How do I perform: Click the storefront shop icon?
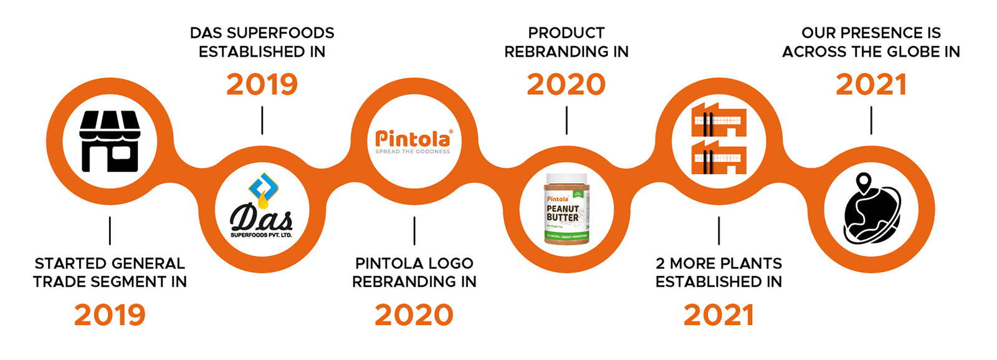pyautogui.click(x=110, y=141)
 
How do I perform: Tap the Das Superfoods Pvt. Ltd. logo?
pyautogui.click(x=262, y=209)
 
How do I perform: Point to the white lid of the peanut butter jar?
pyautogui.click(x=566, y=179)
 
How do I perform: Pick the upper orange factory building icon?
pyautogui.click(x=718, y=120)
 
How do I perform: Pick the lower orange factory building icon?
pyautogui.click(x=718, y=157)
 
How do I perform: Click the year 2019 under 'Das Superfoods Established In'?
pyautogui.click(x=262, y=85)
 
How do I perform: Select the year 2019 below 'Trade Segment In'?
pyautogui.click(x=110, y=315)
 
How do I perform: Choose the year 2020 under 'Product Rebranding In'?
pyautogui.click(x=566, y=85)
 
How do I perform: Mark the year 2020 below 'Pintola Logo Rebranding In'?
pyautogui.click(x=414, y=315)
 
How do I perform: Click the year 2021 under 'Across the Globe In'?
pyautogui.click(x=871, y=85)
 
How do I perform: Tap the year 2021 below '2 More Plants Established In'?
pyautogui.click(x=718, y=315)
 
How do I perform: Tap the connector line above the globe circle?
pyautogui.click(x=871, y=120)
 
